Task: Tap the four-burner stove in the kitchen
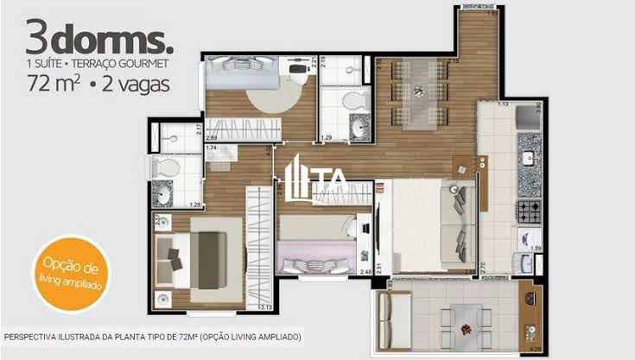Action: (528, 210)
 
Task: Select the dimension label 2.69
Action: (212, 136)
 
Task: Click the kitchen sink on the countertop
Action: (528, 161)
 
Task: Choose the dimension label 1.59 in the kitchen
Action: (536, 249)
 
